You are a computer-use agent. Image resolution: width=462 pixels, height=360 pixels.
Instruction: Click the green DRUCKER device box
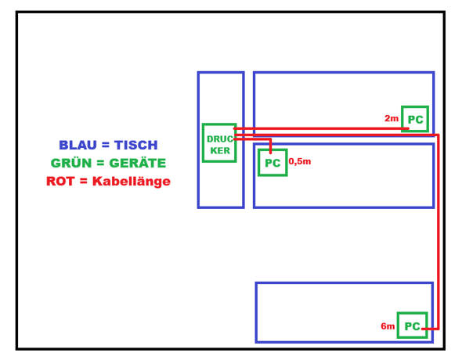pyautogui.click(x=219, y=124)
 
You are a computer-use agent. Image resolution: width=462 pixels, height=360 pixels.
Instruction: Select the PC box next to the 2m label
pyautogui.click(x=415, y=107)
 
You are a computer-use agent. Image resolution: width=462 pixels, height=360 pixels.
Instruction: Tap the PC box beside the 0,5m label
pyautogui.click(x=273, y=150)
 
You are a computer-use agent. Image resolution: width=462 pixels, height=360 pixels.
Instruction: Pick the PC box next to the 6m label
pyautogui.click(x=412, y=314)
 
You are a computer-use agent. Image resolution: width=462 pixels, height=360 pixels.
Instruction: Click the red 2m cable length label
pyautogui.click(x=392, y=118)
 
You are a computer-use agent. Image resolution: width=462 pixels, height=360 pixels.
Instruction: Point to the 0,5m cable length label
pyautogui.click(x=300, y=161)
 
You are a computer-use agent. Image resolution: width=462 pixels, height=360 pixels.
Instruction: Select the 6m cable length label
pyautogui.click(x=388, y=326)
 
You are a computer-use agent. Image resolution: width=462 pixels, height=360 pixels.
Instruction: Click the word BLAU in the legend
pyautogui.click(x=78, y=145)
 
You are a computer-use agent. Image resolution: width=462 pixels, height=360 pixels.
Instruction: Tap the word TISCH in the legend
pyautogui.click(x=135, y=145)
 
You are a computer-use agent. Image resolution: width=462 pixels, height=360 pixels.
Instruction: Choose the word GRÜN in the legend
pyautogui.click(x=71, y=163)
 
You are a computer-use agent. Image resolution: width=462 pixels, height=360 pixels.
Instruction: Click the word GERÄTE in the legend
pyautogui.click(x=137, y=163)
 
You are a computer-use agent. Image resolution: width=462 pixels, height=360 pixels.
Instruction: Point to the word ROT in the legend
pyautogui.click(x=60, y=182)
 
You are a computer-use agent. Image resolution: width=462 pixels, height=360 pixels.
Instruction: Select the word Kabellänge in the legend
pyautogui.click(x=132, y=182)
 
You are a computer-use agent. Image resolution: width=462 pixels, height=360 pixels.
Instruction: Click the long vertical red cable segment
pyautogui.click(x=439, y=232)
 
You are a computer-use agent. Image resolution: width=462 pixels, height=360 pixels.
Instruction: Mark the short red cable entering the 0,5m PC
pyautogui.click(x=270, y=146)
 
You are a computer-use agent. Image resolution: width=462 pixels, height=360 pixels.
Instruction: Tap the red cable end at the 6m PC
pyautogui.click(x=423, y=329)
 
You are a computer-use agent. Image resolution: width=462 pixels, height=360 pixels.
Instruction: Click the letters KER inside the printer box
pyautogui.click(x=220, y=151)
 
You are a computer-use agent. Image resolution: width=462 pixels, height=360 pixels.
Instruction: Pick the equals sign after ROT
pyautogui.click(x=83, y=182)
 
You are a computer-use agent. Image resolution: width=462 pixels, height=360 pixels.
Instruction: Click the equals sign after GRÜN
pyautogui.click(x=100, y=163)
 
